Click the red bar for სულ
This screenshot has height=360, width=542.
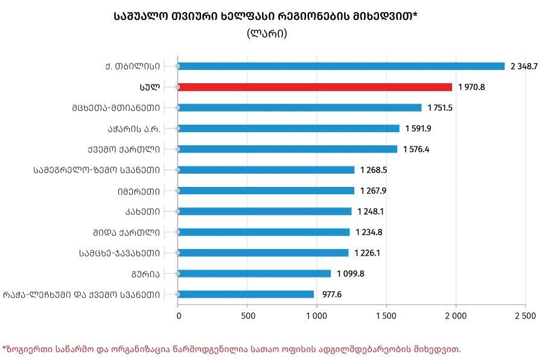tap(314, 87)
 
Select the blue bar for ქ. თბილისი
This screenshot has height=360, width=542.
tap(341, 66)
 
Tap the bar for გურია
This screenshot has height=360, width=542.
tap(254, 273)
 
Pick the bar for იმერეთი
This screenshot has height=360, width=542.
tap(266, 191)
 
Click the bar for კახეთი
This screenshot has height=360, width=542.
tap(264, 211)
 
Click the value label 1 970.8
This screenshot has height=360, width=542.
tap(471, 87)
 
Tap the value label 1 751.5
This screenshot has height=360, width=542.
tap(441, 108)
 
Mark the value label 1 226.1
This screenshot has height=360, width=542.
tap(367, 253)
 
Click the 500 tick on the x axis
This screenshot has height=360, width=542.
tap(247, 315)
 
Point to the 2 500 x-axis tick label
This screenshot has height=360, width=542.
tap(524, 315)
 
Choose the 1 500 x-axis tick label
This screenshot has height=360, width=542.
tap(386, 315)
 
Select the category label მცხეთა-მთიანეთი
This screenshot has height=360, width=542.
tap(115, 108)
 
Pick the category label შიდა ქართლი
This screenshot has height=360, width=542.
tap(127, 232)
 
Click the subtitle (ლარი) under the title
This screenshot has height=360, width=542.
tap(267, 34)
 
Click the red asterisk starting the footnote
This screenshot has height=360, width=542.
tap(4, 348)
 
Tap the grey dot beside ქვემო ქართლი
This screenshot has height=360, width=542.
tap(177, 149)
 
